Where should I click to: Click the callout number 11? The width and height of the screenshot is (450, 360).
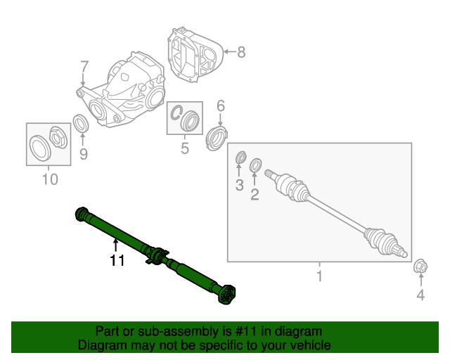(x=117, y=261)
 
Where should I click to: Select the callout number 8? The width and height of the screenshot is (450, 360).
(x=240, y=51)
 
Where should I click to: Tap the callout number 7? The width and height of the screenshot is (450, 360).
(x=84, y=67)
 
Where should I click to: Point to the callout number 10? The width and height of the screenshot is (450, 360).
(x=49, y=179)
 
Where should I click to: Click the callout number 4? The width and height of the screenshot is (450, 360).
(x=420, y=295)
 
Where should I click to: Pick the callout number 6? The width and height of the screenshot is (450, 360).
(x=220, y=106)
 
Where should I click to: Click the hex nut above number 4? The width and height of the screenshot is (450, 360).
(x=420, y=266)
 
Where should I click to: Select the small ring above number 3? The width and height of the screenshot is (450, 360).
(x=240, y=157)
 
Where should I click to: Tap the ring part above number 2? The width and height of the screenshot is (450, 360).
(x=255, y=166)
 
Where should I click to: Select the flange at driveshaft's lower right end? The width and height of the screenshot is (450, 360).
(x=227, y=295)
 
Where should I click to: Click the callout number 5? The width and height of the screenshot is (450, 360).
(x=184, y=148)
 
